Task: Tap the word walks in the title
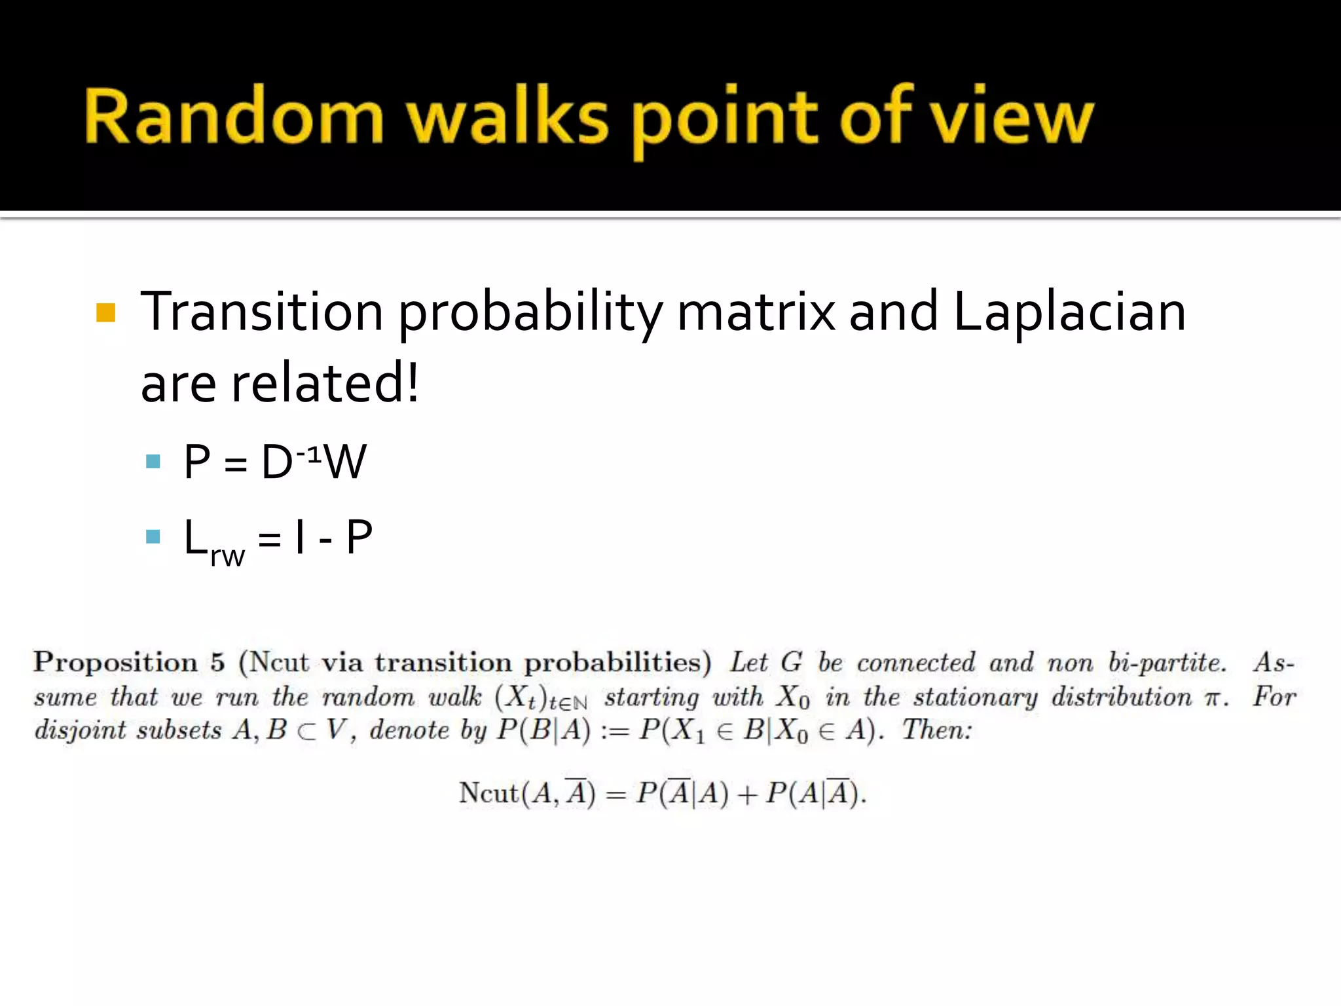(x=507, y=116)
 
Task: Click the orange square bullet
(x=105, y=312)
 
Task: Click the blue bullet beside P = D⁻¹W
(x=153, y=462)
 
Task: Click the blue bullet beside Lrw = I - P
(x=153, y=537)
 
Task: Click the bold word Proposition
(x=115, y=663)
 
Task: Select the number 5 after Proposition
(x=217, y=662)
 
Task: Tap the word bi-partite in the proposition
(x=1167, y=663)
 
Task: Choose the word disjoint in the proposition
(x=79, y=730)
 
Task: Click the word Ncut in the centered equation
(x=488, y=793)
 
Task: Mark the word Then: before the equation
(x=937, y=730)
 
